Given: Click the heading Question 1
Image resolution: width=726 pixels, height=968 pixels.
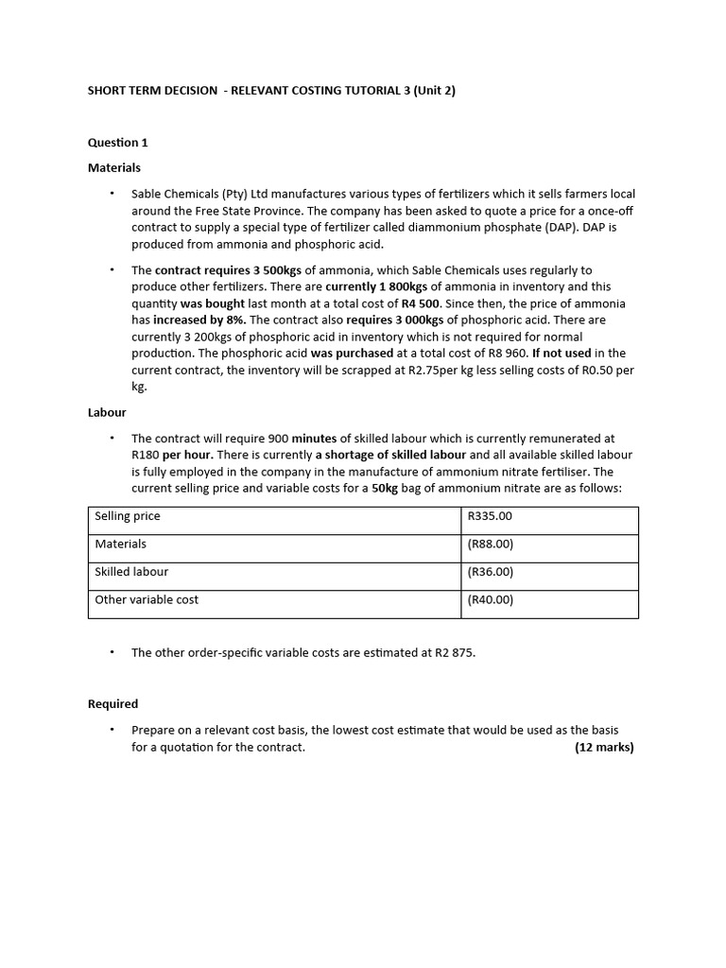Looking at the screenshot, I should (118, 143).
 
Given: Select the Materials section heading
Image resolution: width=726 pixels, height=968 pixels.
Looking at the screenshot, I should (114, 167).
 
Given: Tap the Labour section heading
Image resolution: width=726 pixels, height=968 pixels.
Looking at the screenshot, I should (107, 412).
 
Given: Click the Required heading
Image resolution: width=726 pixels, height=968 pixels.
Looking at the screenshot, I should (112, 703).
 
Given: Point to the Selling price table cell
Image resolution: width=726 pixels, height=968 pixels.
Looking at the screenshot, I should (128, 516).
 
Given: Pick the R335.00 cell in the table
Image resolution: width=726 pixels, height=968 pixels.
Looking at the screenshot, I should (490, 516).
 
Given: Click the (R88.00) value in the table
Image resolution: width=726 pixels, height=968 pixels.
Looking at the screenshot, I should (491, 544).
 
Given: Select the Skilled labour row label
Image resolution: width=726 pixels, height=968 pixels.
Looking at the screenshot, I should (131, 572).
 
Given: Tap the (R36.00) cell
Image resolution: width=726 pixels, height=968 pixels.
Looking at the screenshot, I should (491, 572).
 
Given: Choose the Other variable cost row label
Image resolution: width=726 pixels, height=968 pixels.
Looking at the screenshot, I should (147, 599).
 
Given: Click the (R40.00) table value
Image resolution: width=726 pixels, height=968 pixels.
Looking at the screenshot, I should (491, 599).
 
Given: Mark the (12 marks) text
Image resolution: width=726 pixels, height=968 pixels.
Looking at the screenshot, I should (604, 747).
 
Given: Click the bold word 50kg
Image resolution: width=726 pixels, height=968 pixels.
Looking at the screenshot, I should (385, 488).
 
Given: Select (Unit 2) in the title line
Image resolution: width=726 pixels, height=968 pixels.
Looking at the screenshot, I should (430, 92).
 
